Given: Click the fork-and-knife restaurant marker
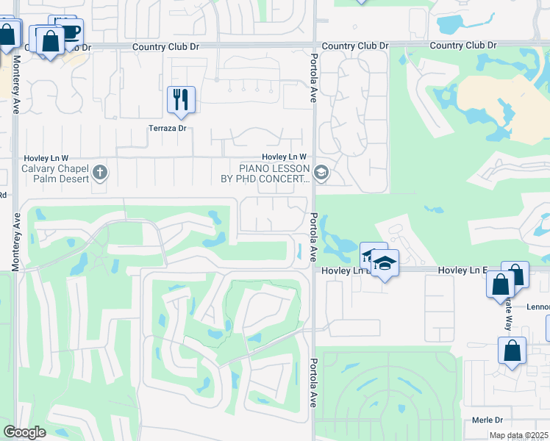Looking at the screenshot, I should coord(181,99).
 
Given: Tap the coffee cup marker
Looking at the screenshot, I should coord(70,32).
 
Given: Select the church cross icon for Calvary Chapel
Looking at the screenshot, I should coord(101,174).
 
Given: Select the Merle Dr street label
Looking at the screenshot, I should coord(488,420).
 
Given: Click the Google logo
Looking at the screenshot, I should coord(24,432).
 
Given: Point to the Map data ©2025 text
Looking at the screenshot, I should coord(518,435).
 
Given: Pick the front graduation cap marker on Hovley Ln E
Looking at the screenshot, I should coord(384,263).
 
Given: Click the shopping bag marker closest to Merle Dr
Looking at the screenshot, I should coord(512,351).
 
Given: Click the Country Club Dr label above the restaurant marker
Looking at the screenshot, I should coord(166,46).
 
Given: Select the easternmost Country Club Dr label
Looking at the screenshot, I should coord(463,46).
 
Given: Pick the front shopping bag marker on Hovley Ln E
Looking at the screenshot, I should coord(501,284).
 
